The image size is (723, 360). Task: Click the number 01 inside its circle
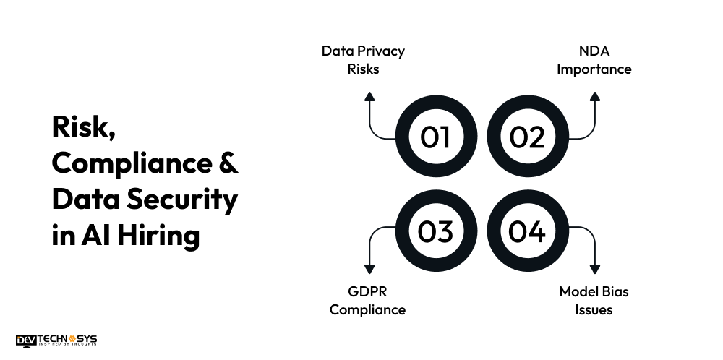(435, 137)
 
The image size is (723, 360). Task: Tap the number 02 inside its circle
(527, 137)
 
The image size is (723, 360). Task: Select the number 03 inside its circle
(435, 231)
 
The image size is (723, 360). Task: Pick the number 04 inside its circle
(526, 231)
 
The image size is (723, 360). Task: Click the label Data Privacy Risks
(364, 60)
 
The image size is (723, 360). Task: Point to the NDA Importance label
(594, 60)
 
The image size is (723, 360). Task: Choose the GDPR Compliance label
(367, 301)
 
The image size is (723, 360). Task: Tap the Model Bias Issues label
(594, 301)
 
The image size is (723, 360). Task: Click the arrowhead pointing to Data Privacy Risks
(369, 96)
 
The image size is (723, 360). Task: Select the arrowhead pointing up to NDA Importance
(595, 96)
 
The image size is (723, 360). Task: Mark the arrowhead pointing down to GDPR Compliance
(369, 270)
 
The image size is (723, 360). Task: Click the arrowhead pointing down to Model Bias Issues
(595, 270)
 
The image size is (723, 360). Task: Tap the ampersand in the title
(228, 163)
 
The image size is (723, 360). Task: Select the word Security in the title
(182, 200)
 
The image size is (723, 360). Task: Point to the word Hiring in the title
(158, 236)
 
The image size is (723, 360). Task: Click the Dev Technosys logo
(56, 340)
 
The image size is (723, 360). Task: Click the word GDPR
(367, 291)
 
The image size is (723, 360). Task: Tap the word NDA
(594, 51)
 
